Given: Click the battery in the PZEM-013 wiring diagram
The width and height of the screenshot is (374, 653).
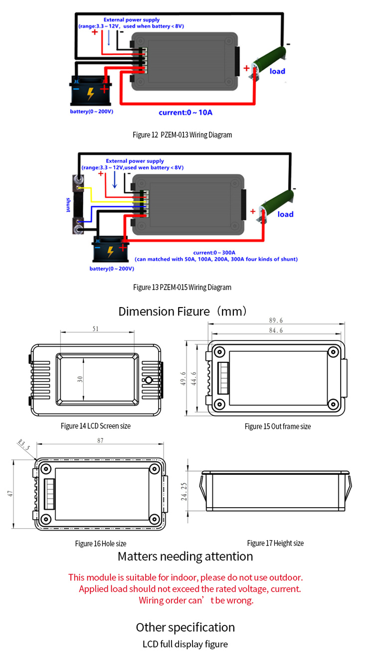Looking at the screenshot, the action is [91, 91].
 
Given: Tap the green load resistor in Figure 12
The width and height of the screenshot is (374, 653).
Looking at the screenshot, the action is [268, 61].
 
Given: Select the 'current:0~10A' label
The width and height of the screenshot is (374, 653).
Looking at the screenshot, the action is [186, 112].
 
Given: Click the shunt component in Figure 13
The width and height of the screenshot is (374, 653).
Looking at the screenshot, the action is [78, 204].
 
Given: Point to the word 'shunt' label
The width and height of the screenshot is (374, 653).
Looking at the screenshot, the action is [68, 205].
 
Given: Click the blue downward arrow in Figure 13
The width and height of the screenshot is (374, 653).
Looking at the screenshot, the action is [115, 180].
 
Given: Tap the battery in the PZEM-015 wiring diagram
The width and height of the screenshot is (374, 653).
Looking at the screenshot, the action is [111, 249].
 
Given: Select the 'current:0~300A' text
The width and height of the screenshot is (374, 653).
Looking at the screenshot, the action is [214, 253].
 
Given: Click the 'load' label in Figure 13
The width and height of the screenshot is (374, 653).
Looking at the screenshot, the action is [285, 214].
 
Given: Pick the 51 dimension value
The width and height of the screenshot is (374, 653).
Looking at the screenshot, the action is [96, 329].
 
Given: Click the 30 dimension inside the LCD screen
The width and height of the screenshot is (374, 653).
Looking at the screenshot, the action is [80, 379].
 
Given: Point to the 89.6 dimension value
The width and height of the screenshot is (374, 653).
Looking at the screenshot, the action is [276, 321].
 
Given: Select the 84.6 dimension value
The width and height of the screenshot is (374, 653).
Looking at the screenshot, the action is [276, 330].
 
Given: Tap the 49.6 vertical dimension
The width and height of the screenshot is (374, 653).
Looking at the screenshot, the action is [183, 378].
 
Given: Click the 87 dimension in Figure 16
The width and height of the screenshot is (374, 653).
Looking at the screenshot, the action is [100, 440].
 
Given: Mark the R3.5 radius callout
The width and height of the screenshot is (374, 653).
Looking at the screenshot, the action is [23, 444].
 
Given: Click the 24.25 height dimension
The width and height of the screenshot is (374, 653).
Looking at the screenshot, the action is [184, 492].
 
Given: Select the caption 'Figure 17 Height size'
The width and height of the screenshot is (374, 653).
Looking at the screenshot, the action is [275, 543].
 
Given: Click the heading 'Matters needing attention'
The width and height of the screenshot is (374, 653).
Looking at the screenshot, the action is [185, 557].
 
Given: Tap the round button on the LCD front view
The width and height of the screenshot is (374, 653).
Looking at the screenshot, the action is [149, 380].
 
